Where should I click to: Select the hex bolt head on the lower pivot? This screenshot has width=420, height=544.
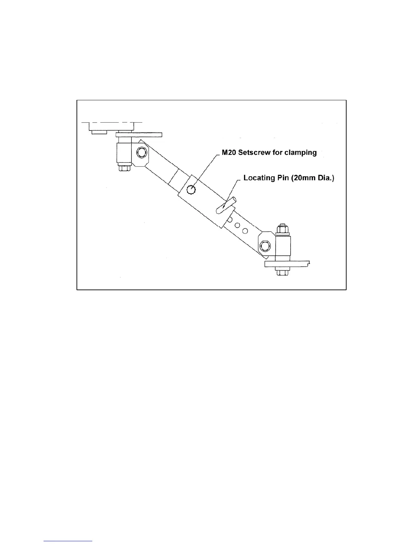pos(265,246)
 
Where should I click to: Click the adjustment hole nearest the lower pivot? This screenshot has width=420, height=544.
pos(245,230)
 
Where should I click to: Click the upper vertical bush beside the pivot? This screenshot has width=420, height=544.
pos(124,153)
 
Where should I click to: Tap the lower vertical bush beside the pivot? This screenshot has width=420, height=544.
pos(283,246)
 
